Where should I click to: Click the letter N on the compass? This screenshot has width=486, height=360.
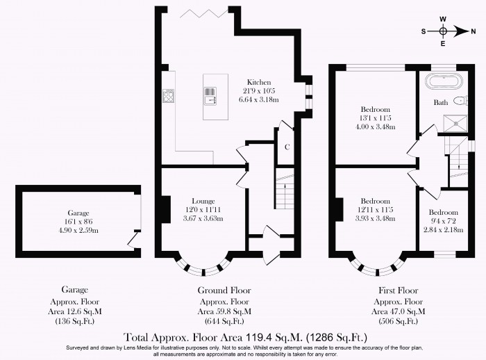[x=474, y=31]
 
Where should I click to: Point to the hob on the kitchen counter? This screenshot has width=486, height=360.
[x=169, y=96]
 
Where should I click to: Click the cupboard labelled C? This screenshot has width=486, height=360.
[x=287, y=146]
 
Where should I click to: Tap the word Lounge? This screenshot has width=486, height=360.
[x=204, y=201]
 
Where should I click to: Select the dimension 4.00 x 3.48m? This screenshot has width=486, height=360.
[x=375, y=127]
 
